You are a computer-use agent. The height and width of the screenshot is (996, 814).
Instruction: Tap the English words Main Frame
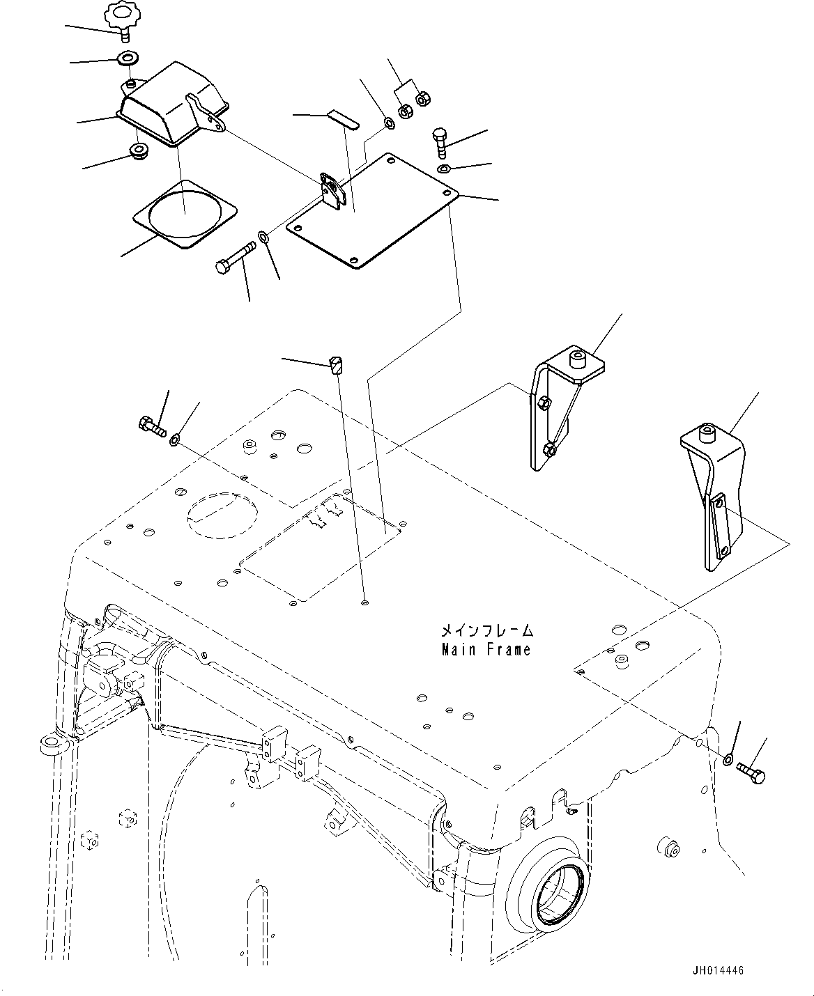[486, 649]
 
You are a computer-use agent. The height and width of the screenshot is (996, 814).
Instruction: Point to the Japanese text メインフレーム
[487, 630]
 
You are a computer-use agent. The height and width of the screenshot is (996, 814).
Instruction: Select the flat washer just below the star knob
[127, 59]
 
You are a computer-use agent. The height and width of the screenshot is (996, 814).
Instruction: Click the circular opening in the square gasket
[185, 213]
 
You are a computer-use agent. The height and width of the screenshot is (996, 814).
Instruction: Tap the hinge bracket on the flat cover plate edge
[332, 190]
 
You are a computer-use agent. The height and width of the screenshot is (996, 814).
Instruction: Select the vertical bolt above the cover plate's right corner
[439, 143]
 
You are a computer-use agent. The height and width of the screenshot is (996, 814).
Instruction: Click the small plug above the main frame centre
[335, 365]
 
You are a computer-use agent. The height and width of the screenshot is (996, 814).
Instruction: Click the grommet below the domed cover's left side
[139, 152]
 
